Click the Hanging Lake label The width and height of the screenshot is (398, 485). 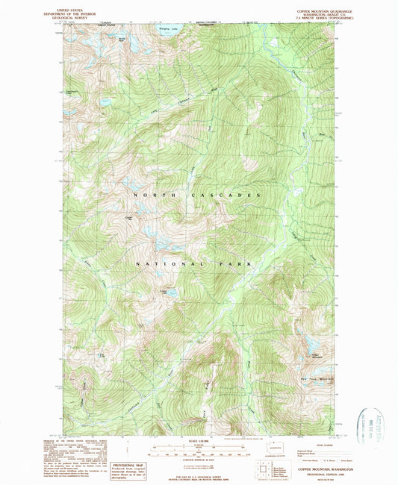tap(170, 28)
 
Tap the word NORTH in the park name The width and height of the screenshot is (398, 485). tap(147, 195)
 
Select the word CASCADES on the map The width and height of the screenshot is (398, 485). tap(229, 195)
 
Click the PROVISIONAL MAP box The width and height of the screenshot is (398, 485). tap(128, 468)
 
